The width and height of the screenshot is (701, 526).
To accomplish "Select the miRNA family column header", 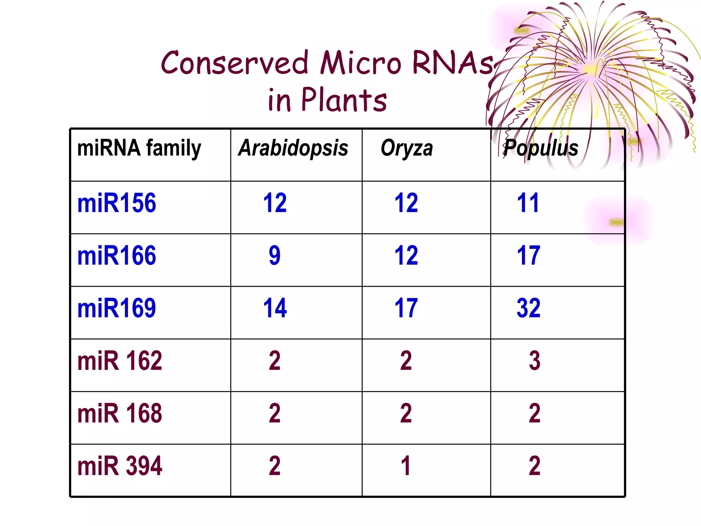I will [x=139, y=149].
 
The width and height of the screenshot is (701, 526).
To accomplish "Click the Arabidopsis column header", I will [x=293, y=148].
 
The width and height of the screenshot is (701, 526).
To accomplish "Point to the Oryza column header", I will [x=407, y=149].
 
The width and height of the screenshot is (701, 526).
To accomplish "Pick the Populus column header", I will [x=541, y=148].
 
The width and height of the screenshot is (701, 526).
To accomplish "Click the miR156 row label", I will [x=117, y=203].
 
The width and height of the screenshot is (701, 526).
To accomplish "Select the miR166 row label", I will [x=117, y=256].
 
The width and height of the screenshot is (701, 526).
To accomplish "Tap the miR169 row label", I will [x=117, y=308].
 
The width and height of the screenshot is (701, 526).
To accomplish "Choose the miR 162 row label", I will [x=119, y=361].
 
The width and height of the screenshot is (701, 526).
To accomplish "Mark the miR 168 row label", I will [x=119, y=413].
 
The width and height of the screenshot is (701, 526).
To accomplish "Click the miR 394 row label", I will [x=119, y=466].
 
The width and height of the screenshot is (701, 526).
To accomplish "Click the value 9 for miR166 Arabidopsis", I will [x=275, y=256].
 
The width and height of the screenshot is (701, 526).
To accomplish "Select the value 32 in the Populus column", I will [x=528, y=308].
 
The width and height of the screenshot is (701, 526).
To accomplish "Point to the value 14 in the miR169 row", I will [x=275, y=308].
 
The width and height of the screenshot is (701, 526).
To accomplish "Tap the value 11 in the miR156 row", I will [x=528, y=203].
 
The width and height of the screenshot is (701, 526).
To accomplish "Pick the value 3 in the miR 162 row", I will [x=534, y=361].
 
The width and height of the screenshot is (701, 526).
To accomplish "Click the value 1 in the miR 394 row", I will [x=406, y=466].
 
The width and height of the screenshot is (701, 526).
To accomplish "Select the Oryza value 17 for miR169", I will [x=406, y=308].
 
